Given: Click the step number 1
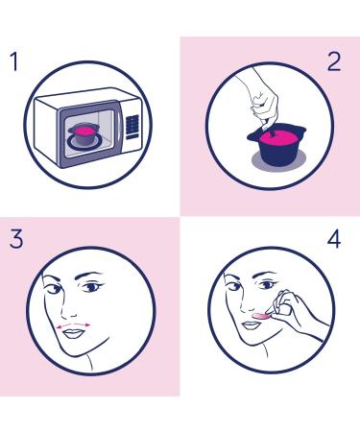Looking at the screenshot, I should point(13,64).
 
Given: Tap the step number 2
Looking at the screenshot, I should point(333,63).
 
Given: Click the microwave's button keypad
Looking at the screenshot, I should point(132,126).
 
